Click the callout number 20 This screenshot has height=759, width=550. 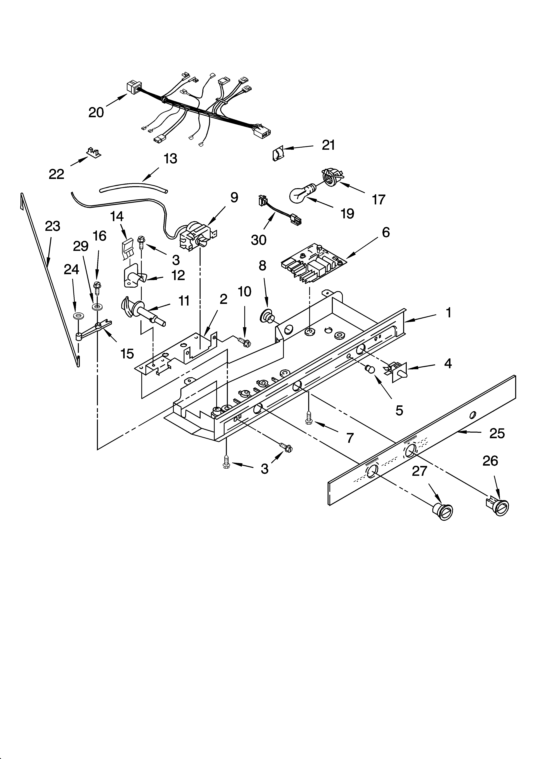(x=96, y=112)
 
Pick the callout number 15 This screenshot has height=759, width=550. (x=127, y=353)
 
